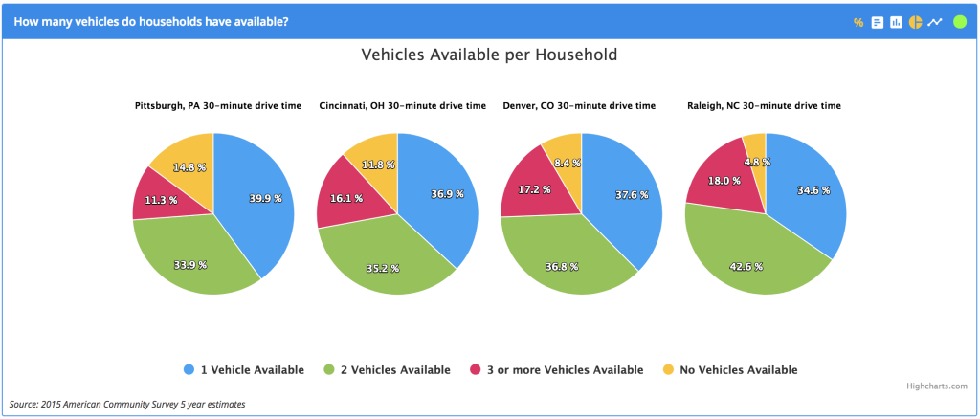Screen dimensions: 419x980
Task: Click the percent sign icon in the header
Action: [x=858, y=22]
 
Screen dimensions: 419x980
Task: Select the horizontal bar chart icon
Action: [x=877, y=22]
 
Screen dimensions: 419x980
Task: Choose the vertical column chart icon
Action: [x=896, y=22]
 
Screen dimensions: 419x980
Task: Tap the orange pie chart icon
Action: [x=915, y=22]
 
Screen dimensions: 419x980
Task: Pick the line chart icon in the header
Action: [x=935, y=22]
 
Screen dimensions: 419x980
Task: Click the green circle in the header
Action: [x=960, y=21]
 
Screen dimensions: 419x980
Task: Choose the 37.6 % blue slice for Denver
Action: [x=627, y=196]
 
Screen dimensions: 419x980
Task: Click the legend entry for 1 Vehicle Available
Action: [x=243, y=369]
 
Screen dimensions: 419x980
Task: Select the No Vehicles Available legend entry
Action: [x=729, y=369]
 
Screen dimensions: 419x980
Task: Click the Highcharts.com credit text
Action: [x=938, y=386]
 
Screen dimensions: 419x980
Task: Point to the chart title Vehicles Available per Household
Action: [x=489, y=55]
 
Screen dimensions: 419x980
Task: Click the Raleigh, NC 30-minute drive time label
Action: [x=765, y=105]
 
